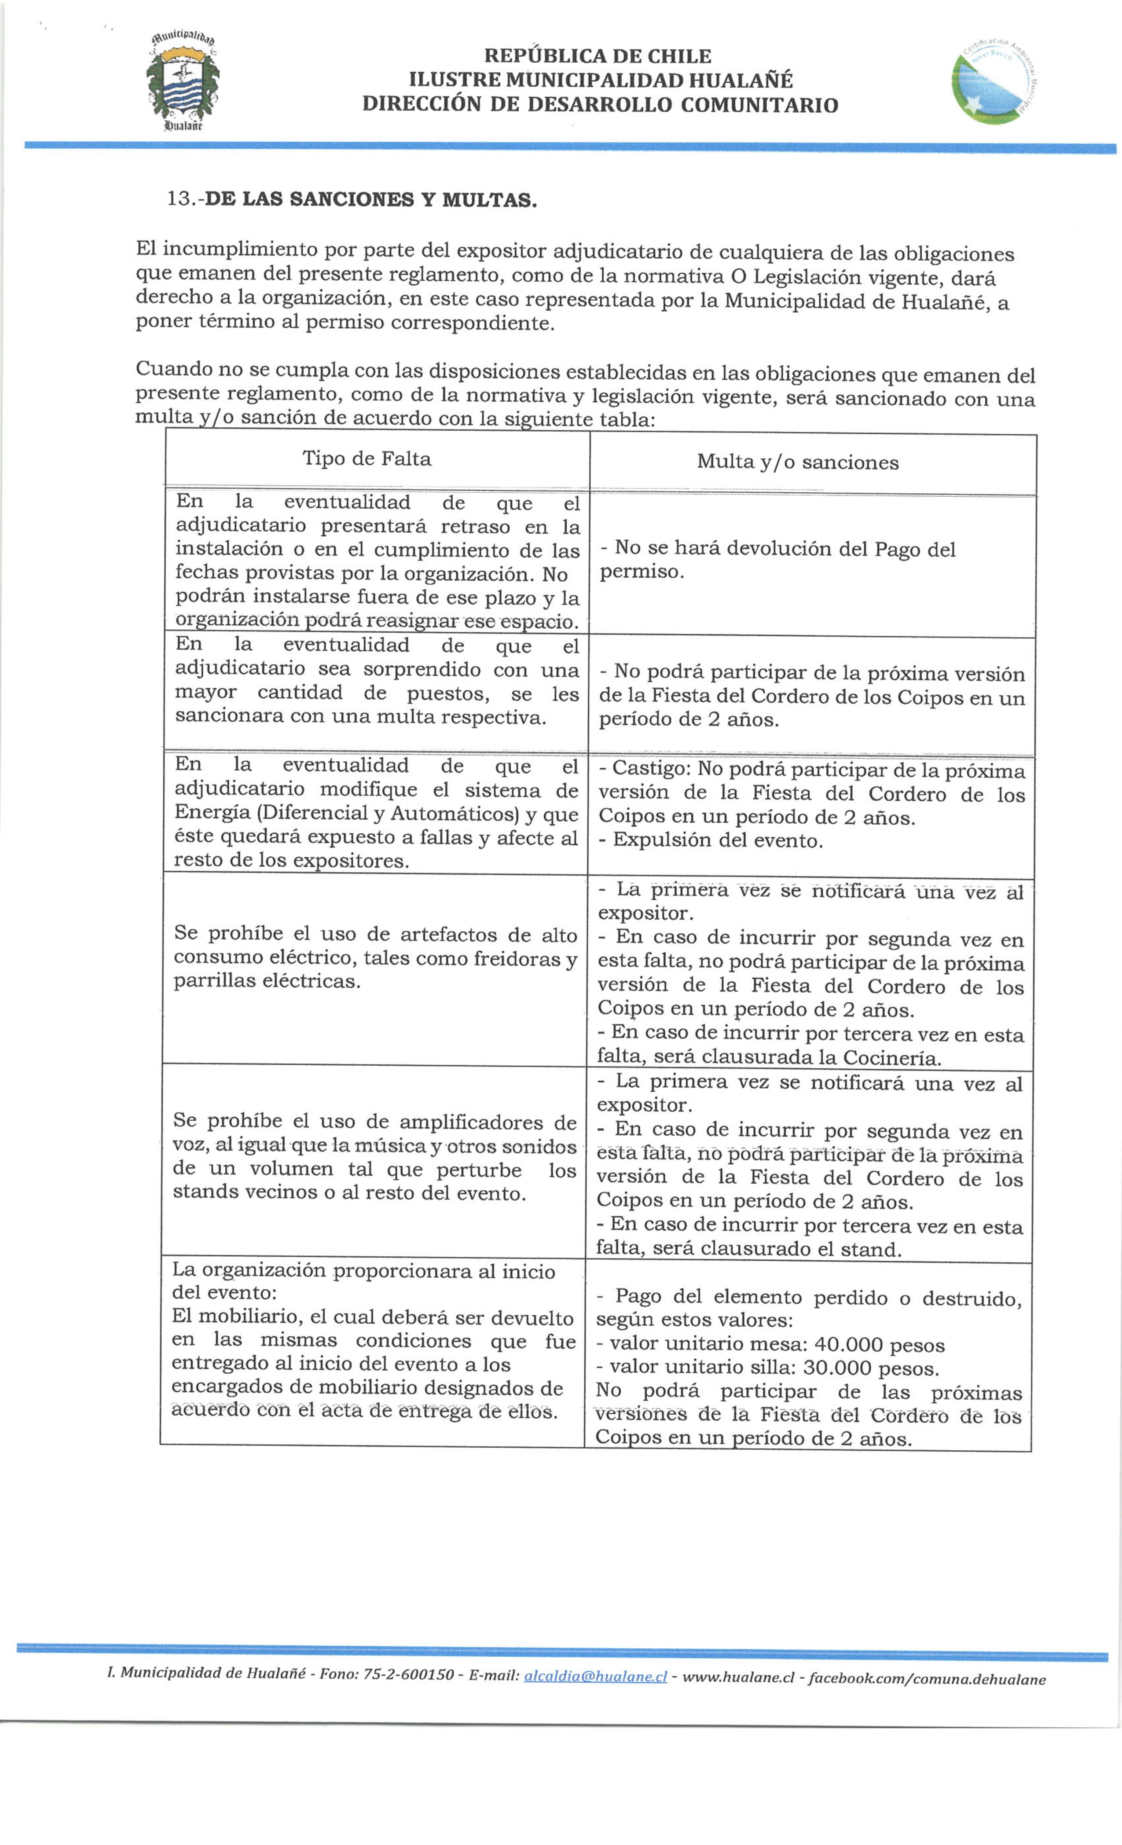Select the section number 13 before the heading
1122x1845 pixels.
point(180,199)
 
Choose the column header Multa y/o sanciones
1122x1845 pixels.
point(797,462)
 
